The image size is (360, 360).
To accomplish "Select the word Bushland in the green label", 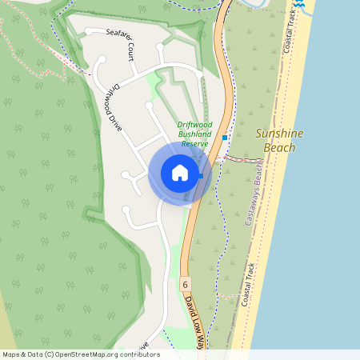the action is click(194, 134).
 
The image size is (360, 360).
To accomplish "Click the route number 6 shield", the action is click(185, 284).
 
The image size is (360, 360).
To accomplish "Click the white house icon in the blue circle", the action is click(179, 173).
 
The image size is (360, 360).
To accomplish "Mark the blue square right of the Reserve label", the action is click(225, 138).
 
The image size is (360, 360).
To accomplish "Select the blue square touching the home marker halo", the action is click(201, 176).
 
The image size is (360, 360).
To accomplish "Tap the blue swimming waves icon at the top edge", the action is click(298, 4).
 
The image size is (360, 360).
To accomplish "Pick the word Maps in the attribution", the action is click(11, 354).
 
